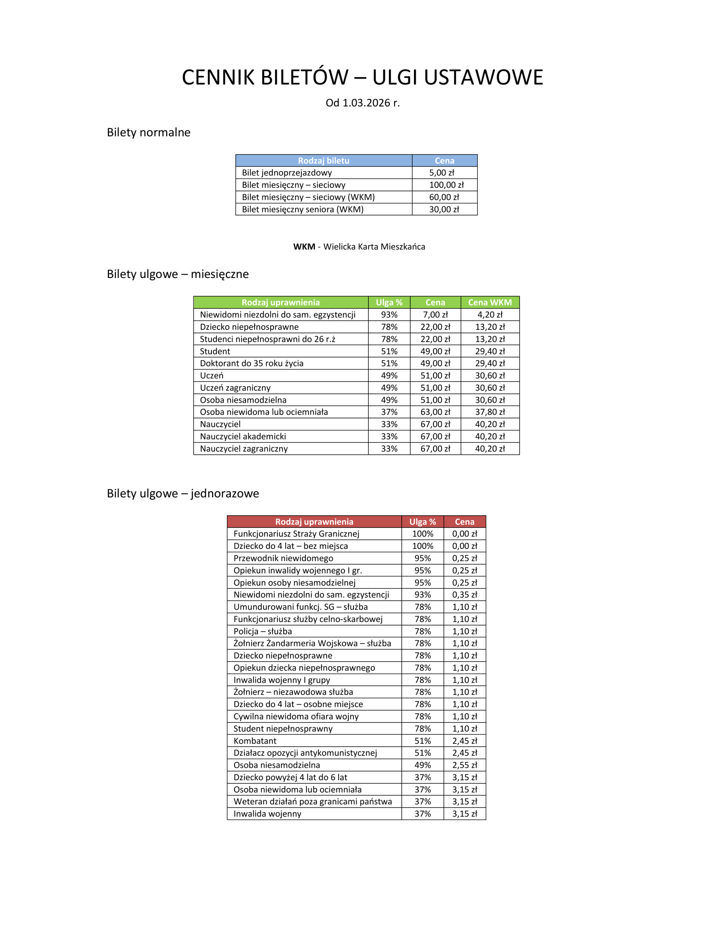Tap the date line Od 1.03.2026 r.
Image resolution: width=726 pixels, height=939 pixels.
pos(362,103)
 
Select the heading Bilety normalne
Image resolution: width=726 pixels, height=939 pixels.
pos(149,132)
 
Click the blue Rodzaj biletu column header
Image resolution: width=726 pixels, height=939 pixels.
pos(324,160)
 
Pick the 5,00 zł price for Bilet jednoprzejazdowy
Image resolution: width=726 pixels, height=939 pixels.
pos(442,173)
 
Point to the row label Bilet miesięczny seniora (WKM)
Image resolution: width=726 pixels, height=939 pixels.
pos(302,209)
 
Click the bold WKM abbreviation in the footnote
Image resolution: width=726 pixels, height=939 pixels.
pos(304,247)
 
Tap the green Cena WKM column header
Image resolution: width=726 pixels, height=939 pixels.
pos(490,302)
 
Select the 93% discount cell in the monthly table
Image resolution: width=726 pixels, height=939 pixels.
pos(389,315)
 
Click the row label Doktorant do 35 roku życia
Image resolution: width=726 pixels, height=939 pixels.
pos(251,363)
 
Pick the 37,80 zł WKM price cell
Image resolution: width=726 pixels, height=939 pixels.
pos(490,412)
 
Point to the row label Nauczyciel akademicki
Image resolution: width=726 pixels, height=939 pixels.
pos(243,436)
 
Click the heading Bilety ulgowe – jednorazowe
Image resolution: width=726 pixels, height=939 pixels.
pos(183,494)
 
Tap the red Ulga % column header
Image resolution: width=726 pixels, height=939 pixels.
pos(422,522)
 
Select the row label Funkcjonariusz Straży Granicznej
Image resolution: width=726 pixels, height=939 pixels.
pos(296,534)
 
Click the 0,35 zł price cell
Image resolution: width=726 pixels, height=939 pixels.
pos(464,595)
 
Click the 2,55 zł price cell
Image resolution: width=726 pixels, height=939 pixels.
pos(464,765)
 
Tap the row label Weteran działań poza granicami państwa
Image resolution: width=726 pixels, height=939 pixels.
pos(312,801)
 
